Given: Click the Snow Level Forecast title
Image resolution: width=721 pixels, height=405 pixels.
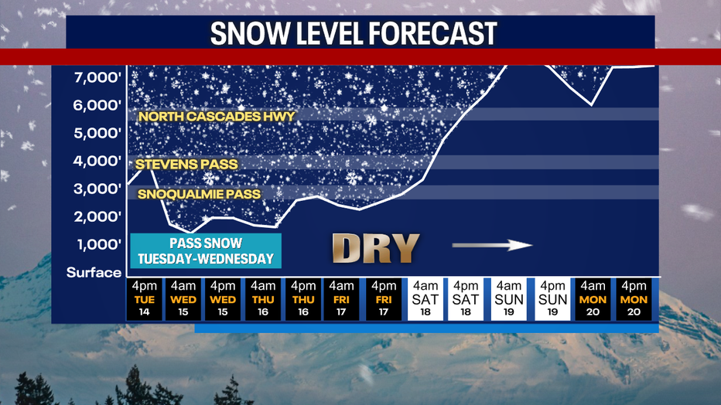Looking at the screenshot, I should pos(354,33).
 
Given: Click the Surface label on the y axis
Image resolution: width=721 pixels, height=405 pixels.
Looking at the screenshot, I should pos(94,272).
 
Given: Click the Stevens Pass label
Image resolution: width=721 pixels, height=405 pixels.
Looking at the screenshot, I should pos(186,164).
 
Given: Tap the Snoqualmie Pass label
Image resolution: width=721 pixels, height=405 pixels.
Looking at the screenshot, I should pos(199,194).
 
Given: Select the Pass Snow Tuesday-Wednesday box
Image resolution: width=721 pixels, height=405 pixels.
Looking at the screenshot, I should pos(206,250).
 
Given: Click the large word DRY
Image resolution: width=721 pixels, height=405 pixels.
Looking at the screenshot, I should pos(375,248).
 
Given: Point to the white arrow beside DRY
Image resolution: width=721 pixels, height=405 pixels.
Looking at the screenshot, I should pos(493,246).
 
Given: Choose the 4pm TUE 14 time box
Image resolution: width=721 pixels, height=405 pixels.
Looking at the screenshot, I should pos(145,299).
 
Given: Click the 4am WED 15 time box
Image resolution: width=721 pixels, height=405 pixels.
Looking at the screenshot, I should pos(183,299).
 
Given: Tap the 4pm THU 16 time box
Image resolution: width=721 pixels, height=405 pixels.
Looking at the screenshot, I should pos(302,299).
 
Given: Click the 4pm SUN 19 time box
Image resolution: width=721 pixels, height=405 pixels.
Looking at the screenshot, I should pos(553,299).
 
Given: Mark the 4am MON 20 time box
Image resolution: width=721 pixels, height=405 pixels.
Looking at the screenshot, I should pos(593,299).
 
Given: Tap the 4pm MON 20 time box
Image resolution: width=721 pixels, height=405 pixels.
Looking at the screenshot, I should pos(634,299).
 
